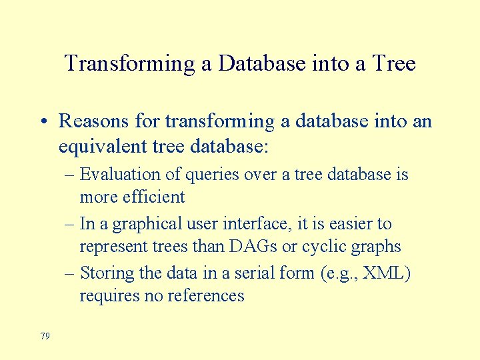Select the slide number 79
45,336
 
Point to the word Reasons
91,121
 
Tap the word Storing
105,273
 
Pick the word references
203,295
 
